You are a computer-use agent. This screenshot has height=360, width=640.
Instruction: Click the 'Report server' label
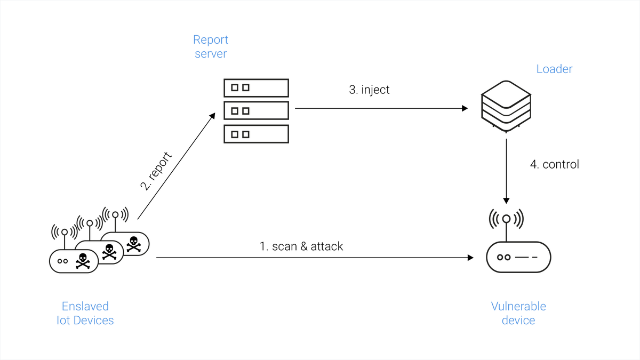211,46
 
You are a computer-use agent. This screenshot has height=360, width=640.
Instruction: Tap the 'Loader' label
554,69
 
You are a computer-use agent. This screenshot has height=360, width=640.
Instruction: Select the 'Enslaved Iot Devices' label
85,313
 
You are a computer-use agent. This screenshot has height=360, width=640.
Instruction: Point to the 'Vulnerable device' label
518,313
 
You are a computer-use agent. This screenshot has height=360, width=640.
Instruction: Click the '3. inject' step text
369,90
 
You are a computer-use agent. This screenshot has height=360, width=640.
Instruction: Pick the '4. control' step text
555,164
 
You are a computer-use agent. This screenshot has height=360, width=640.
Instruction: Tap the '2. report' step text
156,171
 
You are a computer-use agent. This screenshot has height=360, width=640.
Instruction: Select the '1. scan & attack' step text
301,246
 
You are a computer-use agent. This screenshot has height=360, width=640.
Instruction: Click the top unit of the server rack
257,88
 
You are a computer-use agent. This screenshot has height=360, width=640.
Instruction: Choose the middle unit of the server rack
257,110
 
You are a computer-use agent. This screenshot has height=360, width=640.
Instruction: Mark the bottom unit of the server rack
257,134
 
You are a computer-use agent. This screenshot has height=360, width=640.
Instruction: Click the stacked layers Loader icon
506,106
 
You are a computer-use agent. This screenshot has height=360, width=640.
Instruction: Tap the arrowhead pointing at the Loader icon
465,108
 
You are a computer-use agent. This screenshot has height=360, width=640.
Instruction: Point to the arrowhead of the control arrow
506,201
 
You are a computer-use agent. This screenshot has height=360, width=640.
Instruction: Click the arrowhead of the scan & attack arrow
470,258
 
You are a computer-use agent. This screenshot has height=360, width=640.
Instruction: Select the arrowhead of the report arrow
212,116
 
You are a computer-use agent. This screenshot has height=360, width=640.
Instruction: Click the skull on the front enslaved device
83,261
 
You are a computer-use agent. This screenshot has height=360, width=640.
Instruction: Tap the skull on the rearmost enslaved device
133,244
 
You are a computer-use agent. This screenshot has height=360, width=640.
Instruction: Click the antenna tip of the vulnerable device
506,219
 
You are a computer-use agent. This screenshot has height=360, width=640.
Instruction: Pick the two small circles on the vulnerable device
503,258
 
